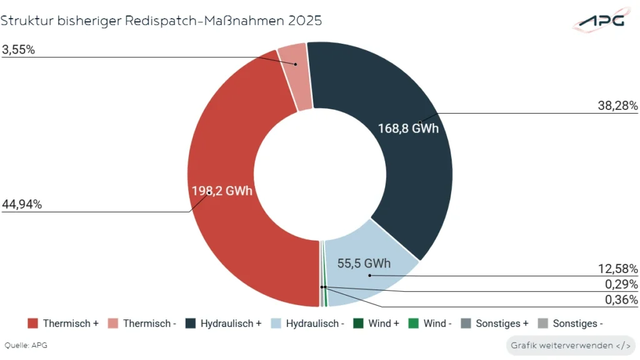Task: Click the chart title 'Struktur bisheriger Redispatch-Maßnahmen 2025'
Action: tap(161, 20)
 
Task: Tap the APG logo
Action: tap(600, 21)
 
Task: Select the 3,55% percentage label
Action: tap(18, 50)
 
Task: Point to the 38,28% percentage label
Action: tap(617, 106)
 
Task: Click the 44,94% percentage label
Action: tap(22, 204)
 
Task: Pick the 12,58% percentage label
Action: tap(617, 269)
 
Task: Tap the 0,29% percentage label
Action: tap(620, 284)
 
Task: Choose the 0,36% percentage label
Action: tap(620, 299)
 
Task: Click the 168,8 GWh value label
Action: tap(408, 129)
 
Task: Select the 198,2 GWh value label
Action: tap(222, 191)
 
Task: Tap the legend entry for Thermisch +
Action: tap(63, 324)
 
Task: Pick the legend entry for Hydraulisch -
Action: tap(307, 324)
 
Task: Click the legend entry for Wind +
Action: tap(376, 324)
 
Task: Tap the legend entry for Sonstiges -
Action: tap(570, 324)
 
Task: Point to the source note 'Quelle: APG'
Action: tap(26, 345)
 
